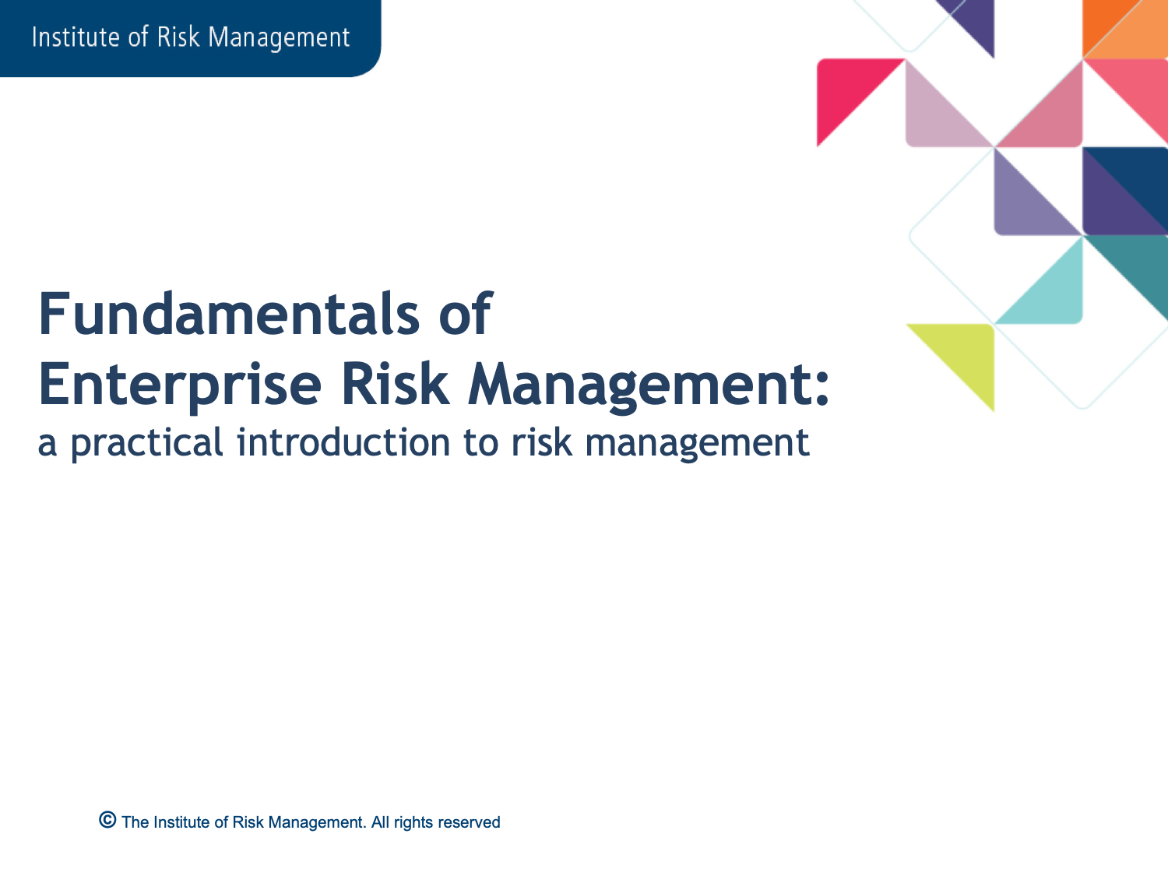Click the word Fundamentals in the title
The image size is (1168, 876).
pyautogui.click(x=230, y=314)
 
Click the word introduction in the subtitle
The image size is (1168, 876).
pyautogui.click(x=343, y=442)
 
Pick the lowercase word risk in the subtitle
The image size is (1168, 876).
pyautogui.click(x=542, y=442)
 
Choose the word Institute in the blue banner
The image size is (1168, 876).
pyautogui.click(x=75, y=37)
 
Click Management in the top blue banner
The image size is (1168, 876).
pyautogui.click(x=279, y=38)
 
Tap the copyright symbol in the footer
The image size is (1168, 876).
pyautogui.click(x=107, y=820)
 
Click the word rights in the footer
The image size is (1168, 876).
pyautogui.click(x=413, y=823)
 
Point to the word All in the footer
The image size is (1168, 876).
pyautogui.click(x=380, y=822)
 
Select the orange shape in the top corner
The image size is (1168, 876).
pyautogui.click(x=1125, y=29)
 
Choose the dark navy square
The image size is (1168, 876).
pyautogui.click(x=1125, y=191)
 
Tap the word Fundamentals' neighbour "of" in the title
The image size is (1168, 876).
pyautogui.click(x=466, y=314)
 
